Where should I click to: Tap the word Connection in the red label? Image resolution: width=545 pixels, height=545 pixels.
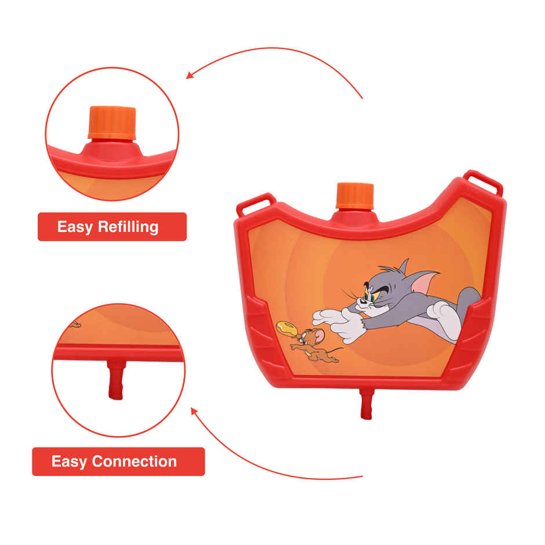coord(135,462)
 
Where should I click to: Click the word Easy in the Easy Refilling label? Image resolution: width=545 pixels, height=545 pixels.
coord(75,227)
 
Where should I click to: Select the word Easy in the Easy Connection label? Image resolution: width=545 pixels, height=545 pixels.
coord(69,462)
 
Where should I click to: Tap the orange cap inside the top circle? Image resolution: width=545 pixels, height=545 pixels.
coord(112,122)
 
